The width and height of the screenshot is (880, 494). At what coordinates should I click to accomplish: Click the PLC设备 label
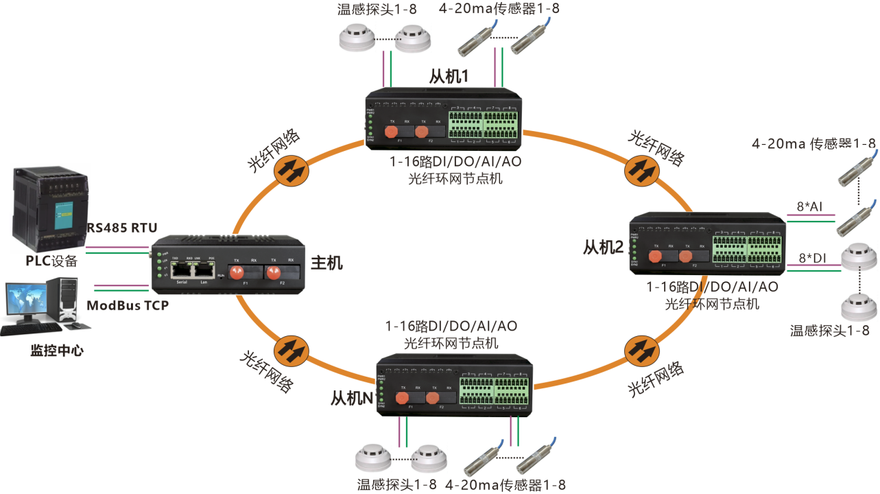tap(51, 261)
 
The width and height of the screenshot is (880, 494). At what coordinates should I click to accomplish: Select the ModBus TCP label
tap(128, 305)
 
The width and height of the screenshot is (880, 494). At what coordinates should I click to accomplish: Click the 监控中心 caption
tap(57, 350)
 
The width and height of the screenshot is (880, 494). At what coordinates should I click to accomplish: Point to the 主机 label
tap(326, 262)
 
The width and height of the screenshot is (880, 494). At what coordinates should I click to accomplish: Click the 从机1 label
tap(449, 76)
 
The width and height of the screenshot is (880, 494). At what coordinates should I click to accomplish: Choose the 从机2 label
tap(604, 246)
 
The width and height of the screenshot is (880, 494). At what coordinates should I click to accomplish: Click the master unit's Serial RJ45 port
tap(182, 270)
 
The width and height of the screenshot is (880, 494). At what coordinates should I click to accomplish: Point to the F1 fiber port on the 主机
tap(237, 273)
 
